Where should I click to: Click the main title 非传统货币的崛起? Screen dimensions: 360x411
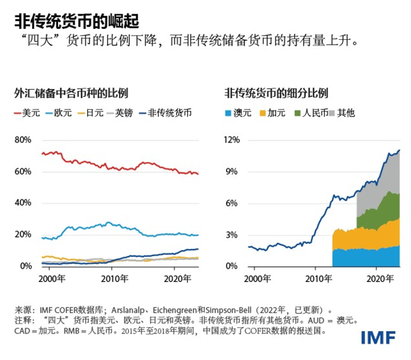point(77,22)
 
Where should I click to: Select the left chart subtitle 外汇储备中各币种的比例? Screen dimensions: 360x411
point(71,93)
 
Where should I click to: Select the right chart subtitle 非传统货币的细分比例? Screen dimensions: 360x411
point(276,93)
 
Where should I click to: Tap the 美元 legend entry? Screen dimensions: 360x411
point(27,112)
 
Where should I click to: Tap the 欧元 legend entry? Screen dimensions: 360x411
point(59,112)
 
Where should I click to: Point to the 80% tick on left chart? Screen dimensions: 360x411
point(23,140)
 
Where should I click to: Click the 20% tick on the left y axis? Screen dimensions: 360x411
point(23,234)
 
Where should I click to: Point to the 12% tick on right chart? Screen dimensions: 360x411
point(232,140)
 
